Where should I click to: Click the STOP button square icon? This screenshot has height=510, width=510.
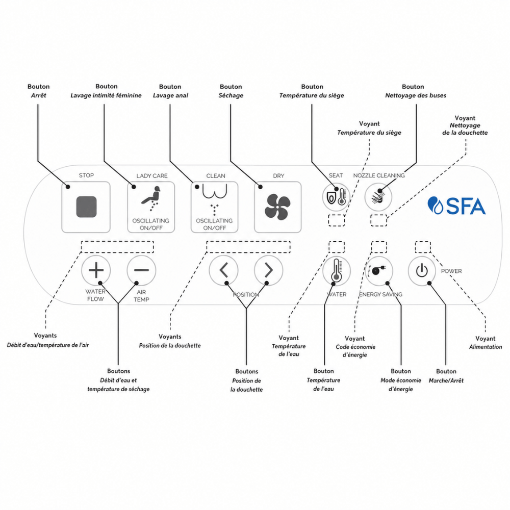86,207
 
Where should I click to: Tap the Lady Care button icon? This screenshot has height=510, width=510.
151,198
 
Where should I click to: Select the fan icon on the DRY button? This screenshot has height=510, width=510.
277,207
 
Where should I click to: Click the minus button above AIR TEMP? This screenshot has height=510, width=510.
141,270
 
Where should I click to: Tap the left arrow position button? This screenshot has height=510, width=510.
224,270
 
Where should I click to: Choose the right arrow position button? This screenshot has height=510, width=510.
268,270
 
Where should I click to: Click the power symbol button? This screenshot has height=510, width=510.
422,271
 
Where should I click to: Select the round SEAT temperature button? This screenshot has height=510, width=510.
336,197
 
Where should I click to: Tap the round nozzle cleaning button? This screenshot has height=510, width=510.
378,197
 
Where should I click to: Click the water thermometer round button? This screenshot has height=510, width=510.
336,271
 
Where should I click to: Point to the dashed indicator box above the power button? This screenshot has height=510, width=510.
423,247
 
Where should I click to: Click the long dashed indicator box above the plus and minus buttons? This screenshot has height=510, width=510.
117,247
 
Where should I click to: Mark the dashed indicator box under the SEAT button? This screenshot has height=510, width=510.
337,220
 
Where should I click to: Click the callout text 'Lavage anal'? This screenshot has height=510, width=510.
170,95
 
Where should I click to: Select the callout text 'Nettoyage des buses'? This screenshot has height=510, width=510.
416,95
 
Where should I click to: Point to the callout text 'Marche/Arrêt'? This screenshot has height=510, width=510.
446,380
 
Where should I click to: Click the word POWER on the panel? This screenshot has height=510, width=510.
451,271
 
